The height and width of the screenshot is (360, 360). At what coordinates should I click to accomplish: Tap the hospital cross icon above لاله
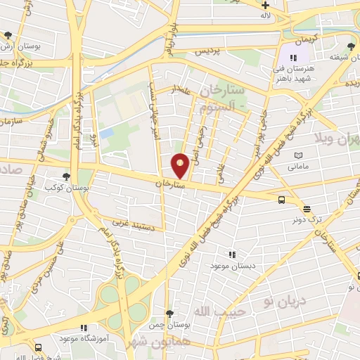[264, 6]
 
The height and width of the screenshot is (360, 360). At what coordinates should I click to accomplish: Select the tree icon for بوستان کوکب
[66, 177]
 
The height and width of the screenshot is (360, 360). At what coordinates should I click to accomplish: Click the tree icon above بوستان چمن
[169, 314]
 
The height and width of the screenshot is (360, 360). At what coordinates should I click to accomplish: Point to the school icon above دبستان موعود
[232, 255]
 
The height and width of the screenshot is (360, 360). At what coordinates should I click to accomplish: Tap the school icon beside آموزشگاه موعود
[84, 328]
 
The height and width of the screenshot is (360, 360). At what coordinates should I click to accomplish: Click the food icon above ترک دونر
[307, 209]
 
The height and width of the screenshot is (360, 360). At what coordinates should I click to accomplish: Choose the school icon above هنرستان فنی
[293, 58]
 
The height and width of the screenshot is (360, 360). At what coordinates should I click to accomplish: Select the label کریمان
[307, 41]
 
